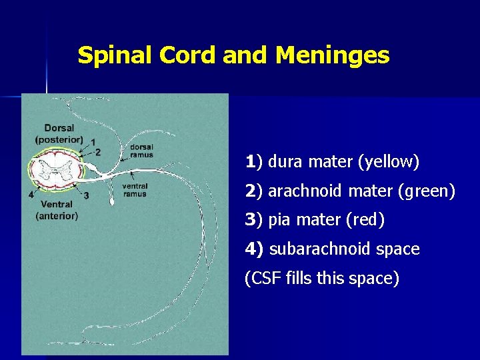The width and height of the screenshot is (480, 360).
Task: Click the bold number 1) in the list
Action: [254, 161]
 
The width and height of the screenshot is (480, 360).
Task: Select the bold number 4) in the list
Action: [255, 249]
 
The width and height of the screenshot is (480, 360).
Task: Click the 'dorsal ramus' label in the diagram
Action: [141, 151]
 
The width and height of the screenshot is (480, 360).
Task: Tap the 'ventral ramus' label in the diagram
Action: [135, 190]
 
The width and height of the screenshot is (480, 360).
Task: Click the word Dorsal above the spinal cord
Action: [59, 128]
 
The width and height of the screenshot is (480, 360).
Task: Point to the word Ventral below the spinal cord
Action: [57, 205]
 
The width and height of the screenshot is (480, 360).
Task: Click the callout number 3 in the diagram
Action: [87, 195]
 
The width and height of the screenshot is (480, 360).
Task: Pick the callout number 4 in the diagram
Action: [31, 195]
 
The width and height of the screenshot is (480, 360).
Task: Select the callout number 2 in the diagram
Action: [98, 152]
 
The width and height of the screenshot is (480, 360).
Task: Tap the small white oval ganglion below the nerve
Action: [111, 199]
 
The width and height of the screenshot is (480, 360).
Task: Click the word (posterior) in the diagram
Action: [59, 139]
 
